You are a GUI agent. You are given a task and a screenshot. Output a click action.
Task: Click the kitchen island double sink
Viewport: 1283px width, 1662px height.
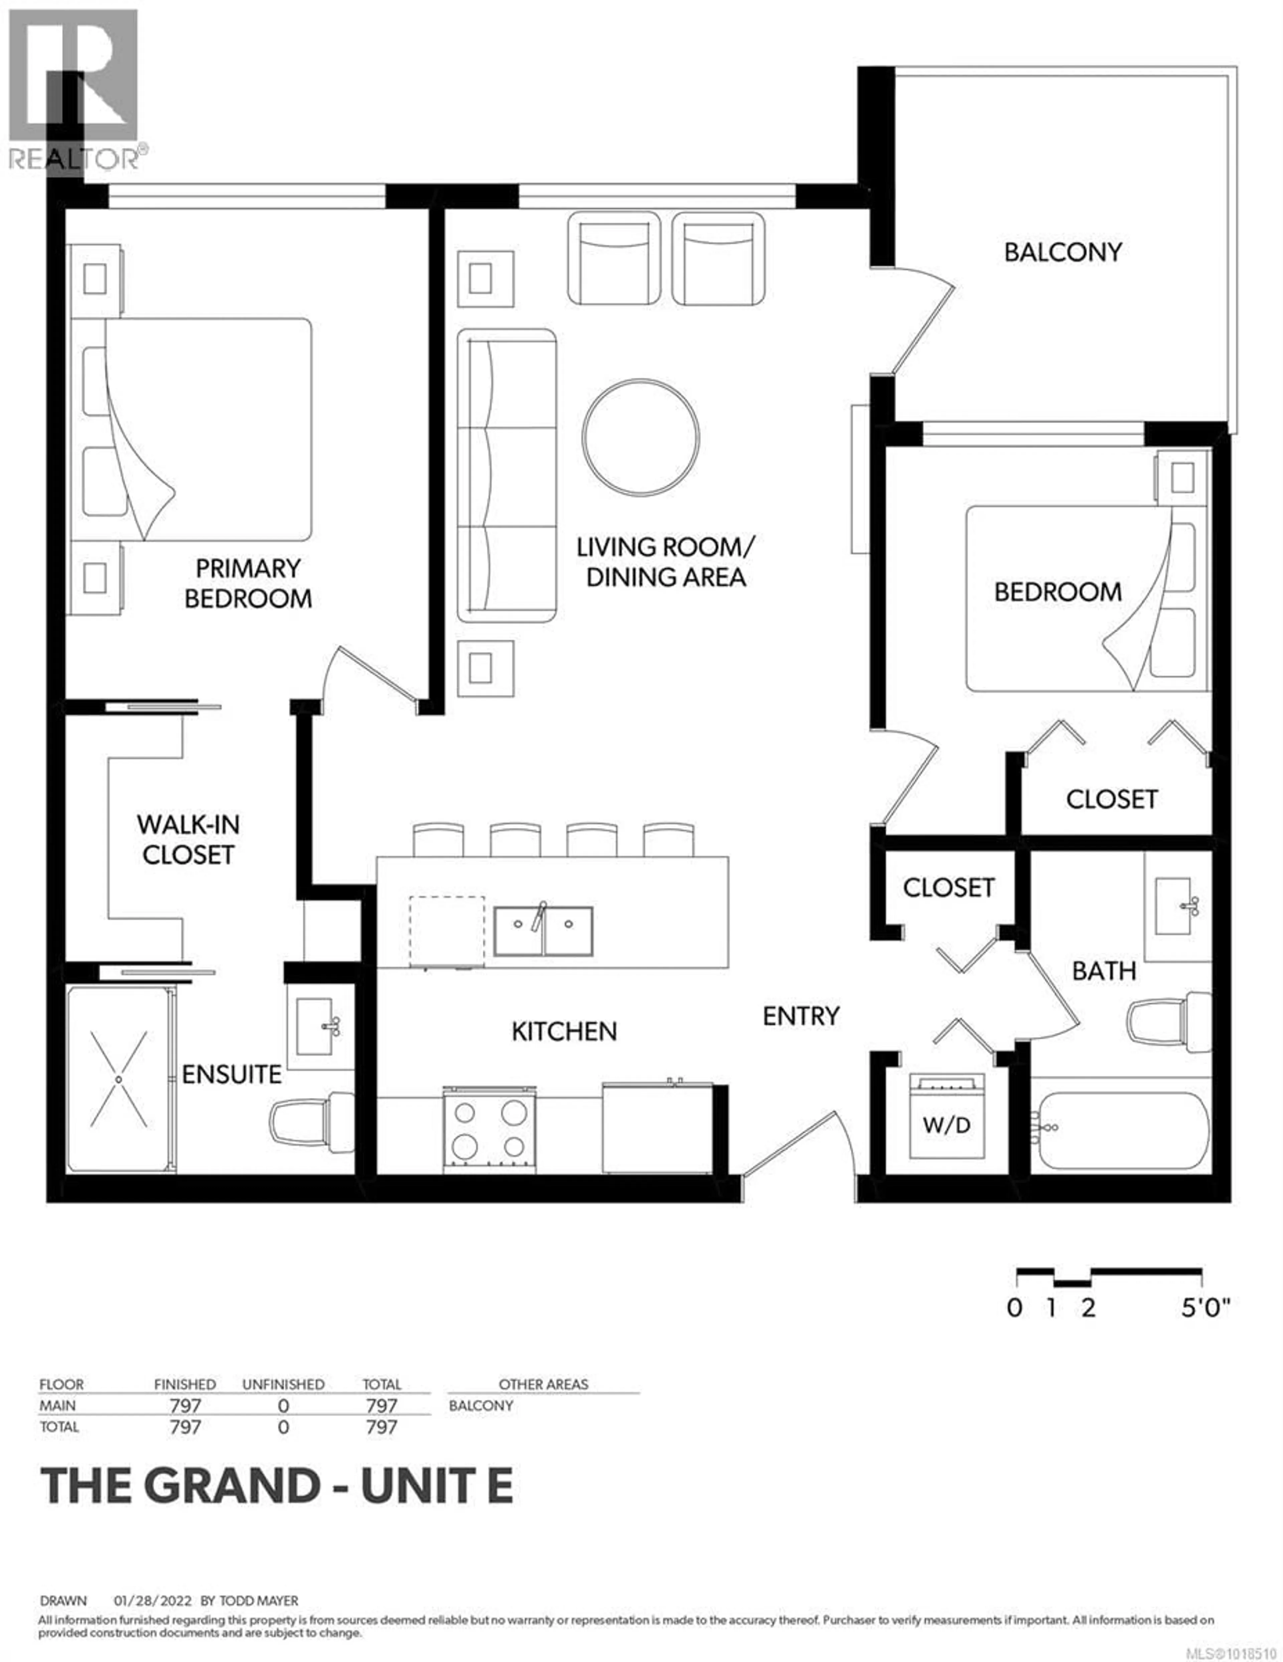(x=543, y=931)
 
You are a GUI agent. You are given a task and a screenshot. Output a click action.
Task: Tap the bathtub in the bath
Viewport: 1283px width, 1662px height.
(x=1123, y=1130)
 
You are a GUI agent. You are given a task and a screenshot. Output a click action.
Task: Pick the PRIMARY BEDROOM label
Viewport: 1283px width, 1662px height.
(x=248, y=583)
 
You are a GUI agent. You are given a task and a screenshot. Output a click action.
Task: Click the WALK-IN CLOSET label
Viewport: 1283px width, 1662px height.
(x=188, y=840)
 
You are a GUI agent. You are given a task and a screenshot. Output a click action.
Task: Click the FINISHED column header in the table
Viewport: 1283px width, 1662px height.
(x=185, y=1384)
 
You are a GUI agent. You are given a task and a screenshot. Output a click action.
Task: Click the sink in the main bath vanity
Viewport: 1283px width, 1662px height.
(x=1175, y=906)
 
